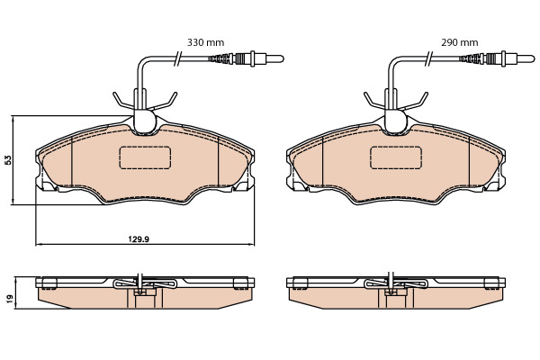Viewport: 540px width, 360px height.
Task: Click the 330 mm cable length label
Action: [x=205, y=42]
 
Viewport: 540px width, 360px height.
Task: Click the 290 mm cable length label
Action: [x=460, y=42]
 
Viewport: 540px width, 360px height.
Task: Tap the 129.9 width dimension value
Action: [x=139, y=238]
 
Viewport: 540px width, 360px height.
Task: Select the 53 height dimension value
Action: [x=8, y=160]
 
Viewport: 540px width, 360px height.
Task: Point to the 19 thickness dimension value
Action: [x=10, y=298]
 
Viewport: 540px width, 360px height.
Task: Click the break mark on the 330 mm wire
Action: [x=177, y=58]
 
